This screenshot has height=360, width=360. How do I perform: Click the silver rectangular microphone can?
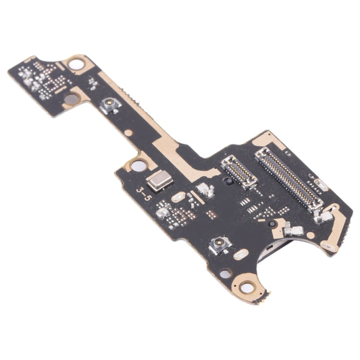tap(161, 179)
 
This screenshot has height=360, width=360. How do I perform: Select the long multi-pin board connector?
tap(289, 179)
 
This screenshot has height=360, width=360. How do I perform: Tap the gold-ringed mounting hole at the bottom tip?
tap(247, 288)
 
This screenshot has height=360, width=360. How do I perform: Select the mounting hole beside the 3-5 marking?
tap(137, 165)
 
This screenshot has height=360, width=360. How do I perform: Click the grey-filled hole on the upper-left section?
tap(70, 99)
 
